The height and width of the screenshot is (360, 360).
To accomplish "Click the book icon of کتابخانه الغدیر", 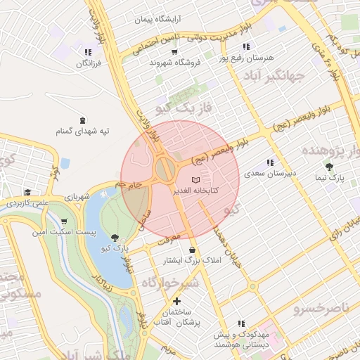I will pos(195,181).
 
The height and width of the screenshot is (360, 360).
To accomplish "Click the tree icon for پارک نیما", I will pos(330,167).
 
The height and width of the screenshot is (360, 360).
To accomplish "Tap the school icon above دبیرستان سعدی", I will pos(270,162).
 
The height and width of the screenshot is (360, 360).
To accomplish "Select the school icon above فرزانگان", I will pos(88,52).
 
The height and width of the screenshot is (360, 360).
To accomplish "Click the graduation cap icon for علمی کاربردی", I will pos(27,192).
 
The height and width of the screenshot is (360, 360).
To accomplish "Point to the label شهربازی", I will pos(75,198).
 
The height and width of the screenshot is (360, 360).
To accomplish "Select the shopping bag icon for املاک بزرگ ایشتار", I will pos(193,250).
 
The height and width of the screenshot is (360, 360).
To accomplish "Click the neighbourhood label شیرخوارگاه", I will pos(171,282).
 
